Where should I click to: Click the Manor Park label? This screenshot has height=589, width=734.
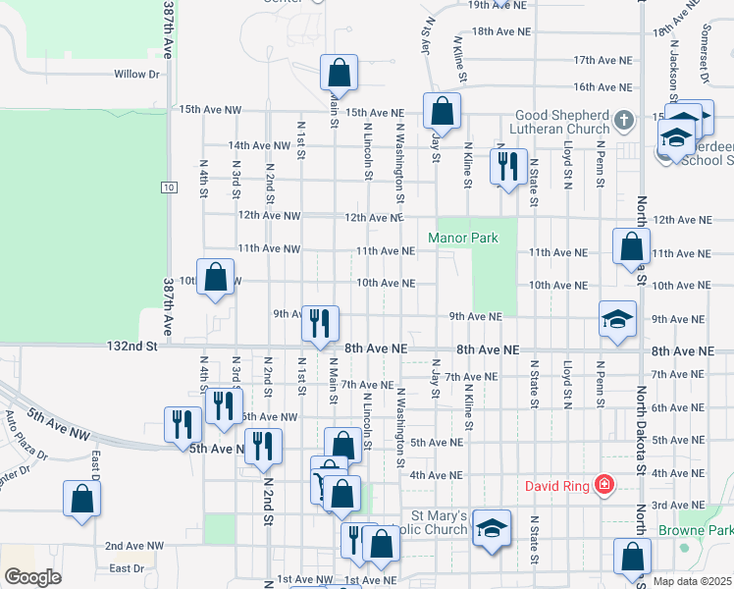coord(462,238)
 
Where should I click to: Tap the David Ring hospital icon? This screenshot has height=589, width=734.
coord(604,485)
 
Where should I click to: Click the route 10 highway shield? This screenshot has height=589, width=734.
coord(170,187)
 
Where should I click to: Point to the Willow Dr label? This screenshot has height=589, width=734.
coord(136,74)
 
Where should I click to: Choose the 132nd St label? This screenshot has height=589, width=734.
coord(132,347)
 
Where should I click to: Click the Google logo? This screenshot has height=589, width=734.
coord(32,577)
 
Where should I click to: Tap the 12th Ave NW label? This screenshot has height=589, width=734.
coord(267,215)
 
